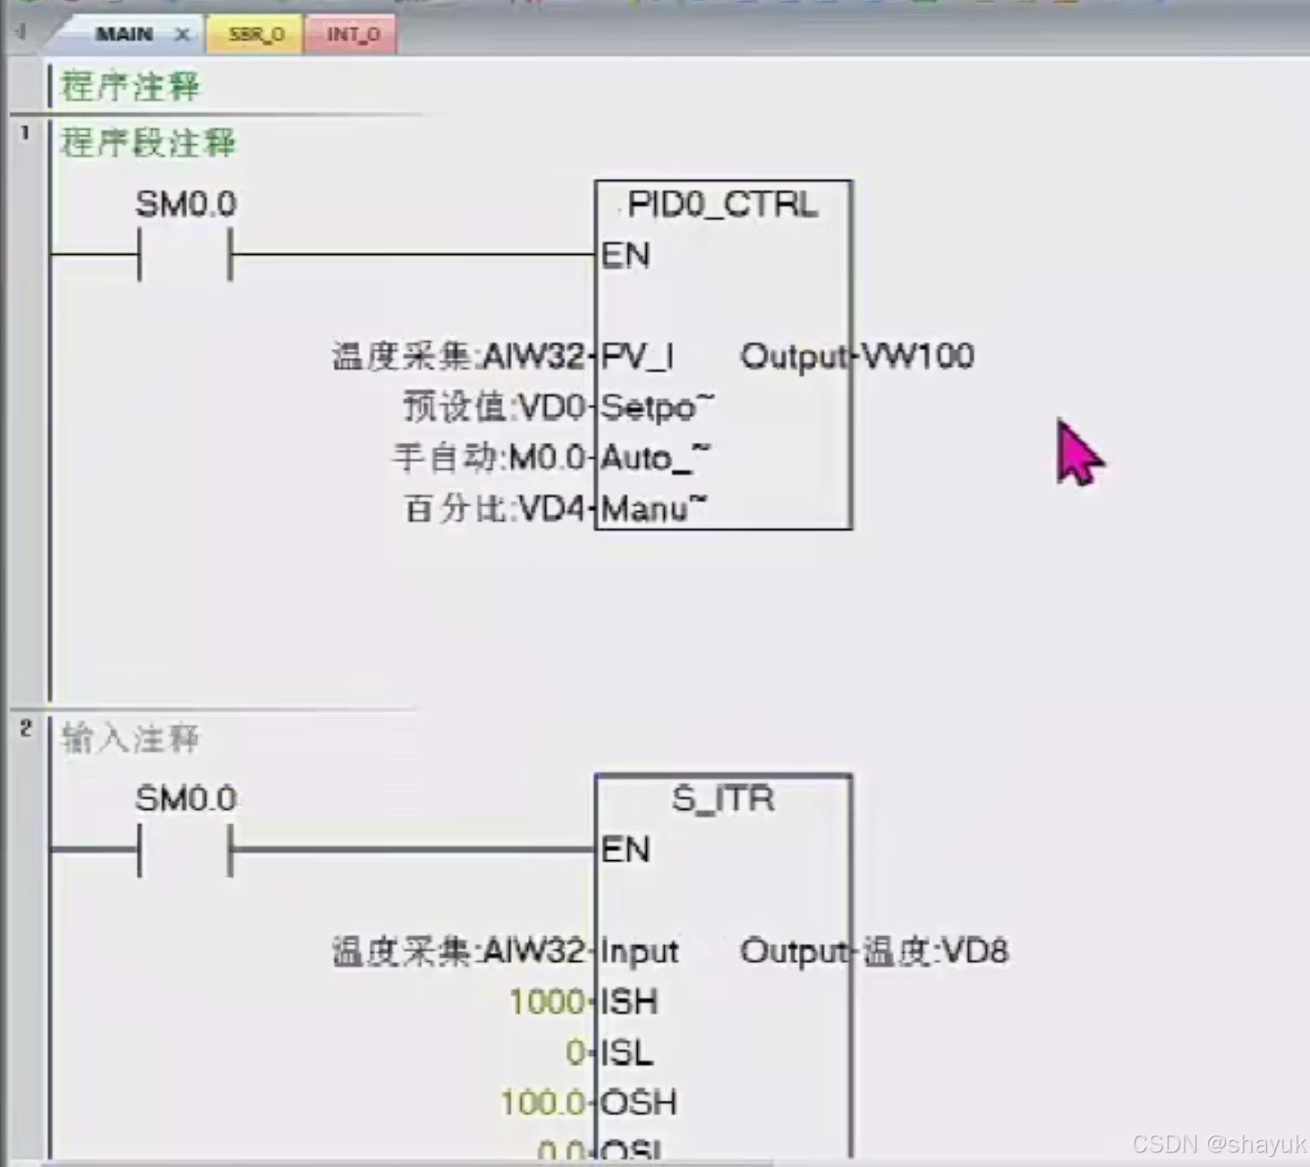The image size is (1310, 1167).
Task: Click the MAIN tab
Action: pos(124,34)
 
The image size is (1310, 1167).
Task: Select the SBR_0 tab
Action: pos(256,34)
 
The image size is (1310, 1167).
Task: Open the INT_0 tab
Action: pos(352,34)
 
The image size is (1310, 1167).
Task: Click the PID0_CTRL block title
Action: pos(722,205)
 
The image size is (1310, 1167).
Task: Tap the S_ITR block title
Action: pos(723,798)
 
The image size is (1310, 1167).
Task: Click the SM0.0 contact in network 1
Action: pos(185,254)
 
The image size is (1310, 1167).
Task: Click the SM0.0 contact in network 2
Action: pos(185,848)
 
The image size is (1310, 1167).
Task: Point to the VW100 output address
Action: pos(917,356)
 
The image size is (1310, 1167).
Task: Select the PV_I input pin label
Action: pos(636,356)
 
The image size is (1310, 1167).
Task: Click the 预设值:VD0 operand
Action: pos(494,407)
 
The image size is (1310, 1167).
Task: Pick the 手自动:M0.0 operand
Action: pos(489,458)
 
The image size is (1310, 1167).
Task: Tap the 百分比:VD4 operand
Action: pos(494,509)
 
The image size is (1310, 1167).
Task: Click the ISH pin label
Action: pos(629,1001)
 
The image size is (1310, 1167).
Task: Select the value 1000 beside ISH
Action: pos(546,1001)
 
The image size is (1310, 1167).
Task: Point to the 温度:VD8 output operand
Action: pos(936,951)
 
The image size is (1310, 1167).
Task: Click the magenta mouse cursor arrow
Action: pos(1077,455)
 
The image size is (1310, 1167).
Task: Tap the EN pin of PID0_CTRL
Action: pos(625,255)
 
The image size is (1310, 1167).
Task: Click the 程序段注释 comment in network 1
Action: pos(148,142)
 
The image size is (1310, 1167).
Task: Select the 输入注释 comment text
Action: pos(131,738)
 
